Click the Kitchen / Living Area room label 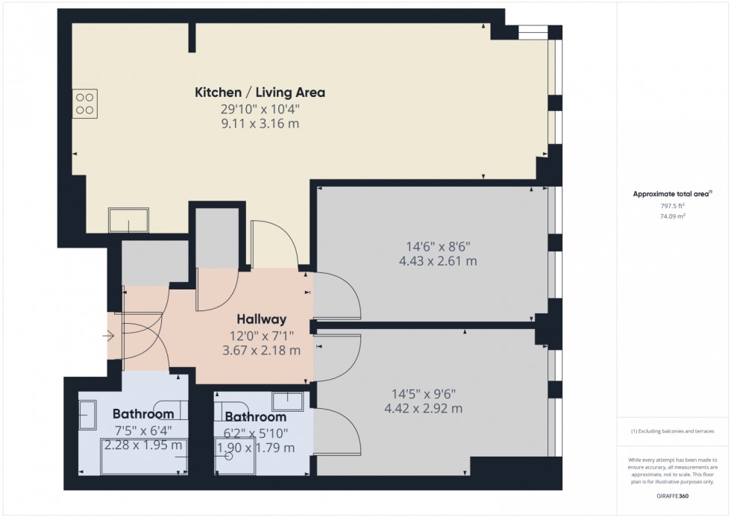tap(260, 93)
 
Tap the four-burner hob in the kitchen tap(85, 103)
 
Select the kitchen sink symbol tap(128, 219)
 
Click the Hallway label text tap(258, 319)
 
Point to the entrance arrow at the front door tap(109, 336)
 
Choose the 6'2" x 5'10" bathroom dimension tap(255, 433)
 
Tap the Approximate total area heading tap(659, 195)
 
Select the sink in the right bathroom tap(288, 401)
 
